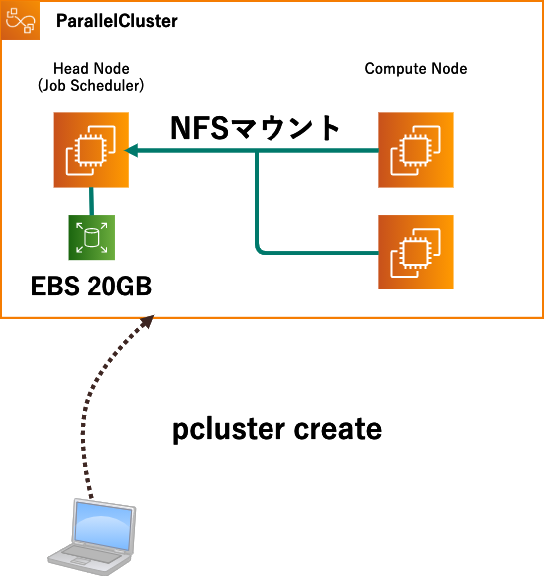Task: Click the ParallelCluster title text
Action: [x=116, y=20]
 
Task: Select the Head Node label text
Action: [x=90, y=69]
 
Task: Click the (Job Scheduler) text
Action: [x=91, y=86]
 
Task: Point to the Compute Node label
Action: [x=416, y=69]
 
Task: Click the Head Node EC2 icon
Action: [x=92, y=151]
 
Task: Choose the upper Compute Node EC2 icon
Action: [x=416, y=151]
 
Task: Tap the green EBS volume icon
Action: [x=92, y=238]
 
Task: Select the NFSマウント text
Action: [x=256, y=128]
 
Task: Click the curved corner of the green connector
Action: [x=262, y=247]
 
